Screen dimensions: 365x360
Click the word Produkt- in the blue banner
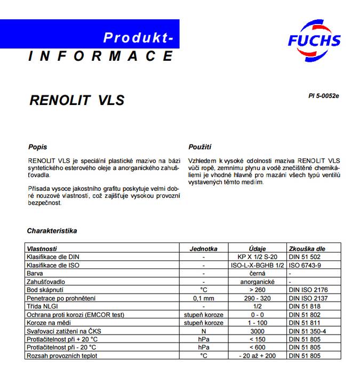tap(138, 37)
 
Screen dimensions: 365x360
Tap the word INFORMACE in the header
tap(101, 55)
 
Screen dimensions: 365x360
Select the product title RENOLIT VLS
tap(76, 100)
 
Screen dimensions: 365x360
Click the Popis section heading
tap(37, 147)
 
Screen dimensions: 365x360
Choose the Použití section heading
tap(200, 147)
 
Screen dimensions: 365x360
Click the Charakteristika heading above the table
tap(52, 231)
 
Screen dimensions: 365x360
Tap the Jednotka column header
tap(204, 249)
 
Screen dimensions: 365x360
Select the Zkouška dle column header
tap(307, 249)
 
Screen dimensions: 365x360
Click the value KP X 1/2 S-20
tap(258, 257)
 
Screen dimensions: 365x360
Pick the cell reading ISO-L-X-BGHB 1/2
tap(258, 265)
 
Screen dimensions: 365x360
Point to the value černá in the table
tap(258, 273)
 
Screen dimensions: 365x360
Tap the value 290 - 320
tap(258, 297)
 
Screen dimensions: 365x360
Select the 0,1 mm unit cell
tap(204, 297)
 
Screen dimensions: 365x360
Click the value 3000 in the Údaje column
tap(258, 331)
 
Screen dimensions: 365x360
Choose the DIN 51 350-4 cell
tap(307, 331)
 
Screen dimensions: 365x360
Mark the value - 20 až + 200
tap(258, 355)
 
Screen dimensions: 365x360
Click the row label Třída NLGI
tap(42, 306)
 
